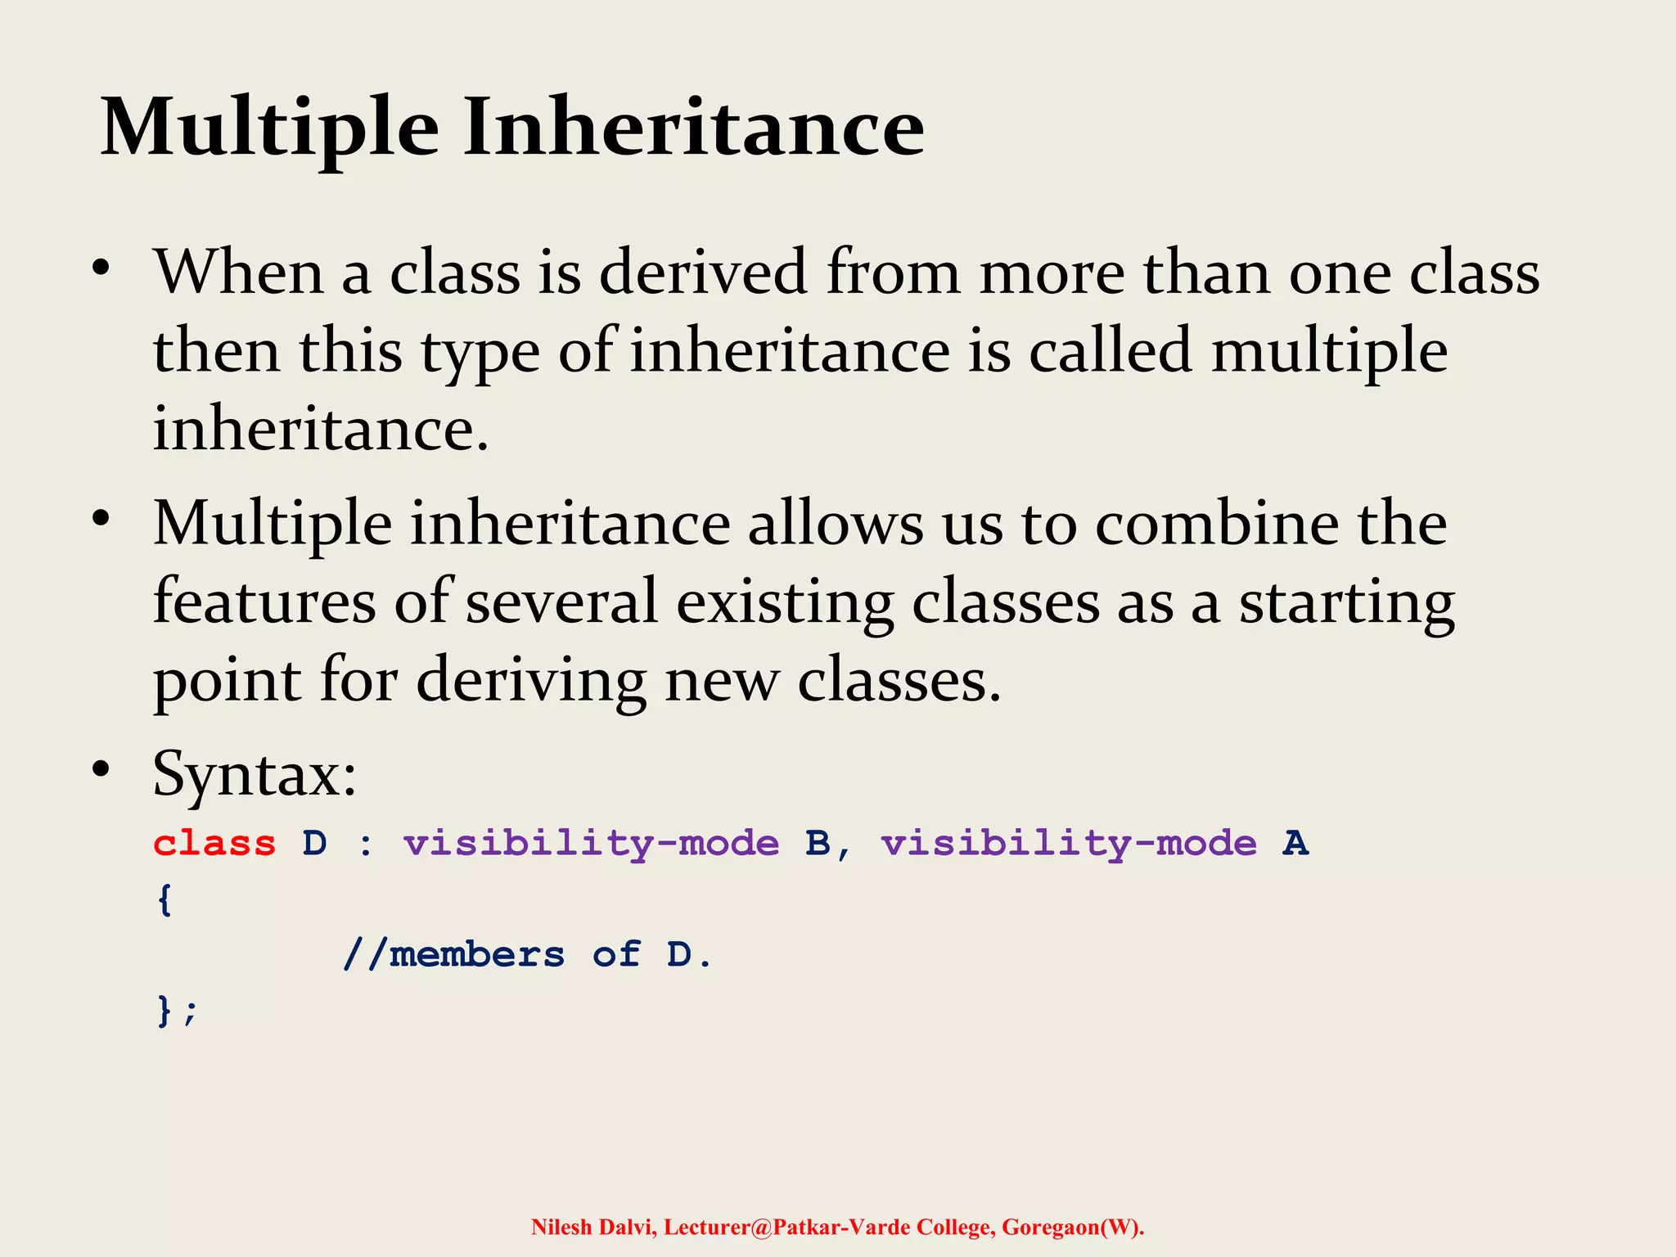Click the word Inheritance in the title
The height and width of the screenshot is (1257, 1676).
click(694, 127)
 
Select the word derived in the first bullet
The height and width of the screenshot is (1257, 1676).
click(704, 273)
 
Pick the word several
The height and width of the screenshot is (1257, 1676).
click(561, 601)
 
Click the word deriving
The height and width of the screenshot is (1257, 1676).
click(531, 681)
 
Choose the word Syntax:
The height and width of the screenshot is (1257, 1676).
click(255, 773)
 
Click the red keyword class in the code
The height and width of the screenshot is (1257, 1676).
click(214, 844)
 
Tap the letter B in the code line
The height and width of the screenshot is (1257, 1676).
click(818, 844)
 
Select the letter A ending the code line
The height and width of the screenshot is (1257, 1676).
click(1295, 844)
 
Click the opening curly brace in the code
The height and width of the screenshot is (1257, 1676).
click(164, 900)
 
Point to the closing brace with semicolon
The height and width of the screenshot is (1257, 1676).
click(176, 1011)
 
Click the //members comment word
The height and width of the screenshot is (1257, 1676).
click(454, 955)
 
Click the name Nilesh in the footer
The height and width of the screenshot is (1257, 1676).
click(561, 1227)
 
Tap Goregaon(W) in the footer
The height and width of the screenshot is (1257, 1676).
click(1072, 1227)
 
